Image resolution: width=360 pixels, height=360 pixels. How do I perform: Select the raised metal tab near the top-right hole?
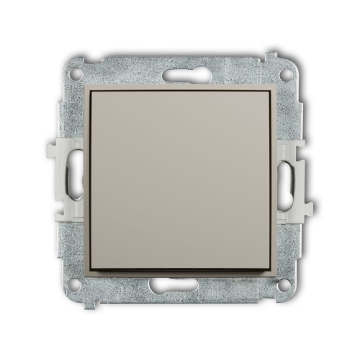[x=274, y=55]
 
